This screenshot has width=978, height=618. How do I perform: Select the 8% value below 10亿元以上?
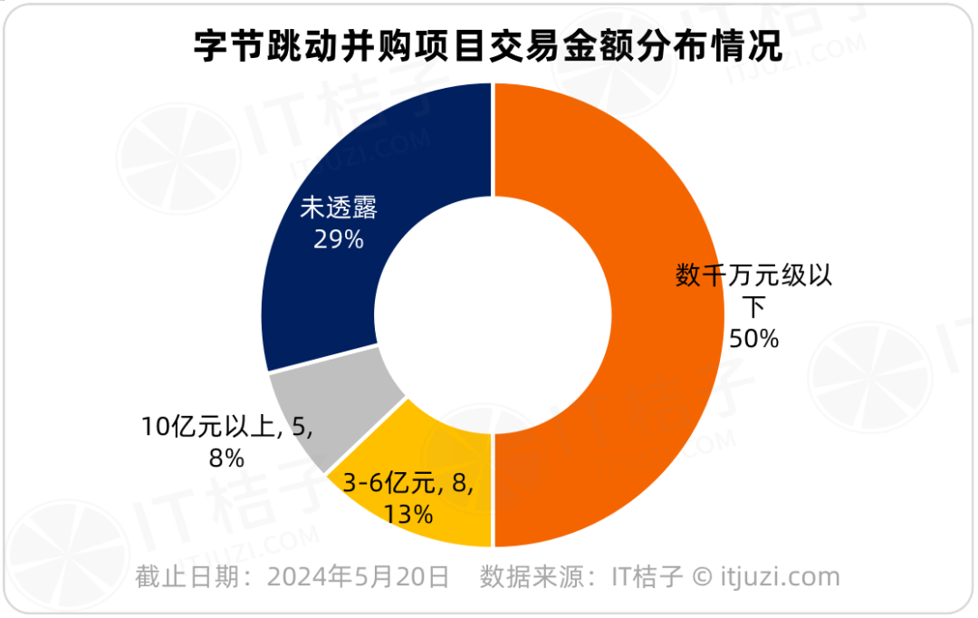pos(225,459)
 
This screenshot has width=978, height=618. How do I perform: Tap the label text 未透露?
pos(338,209)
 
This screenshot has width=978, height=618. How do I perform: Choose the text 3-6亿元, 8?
pos(408,485)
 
